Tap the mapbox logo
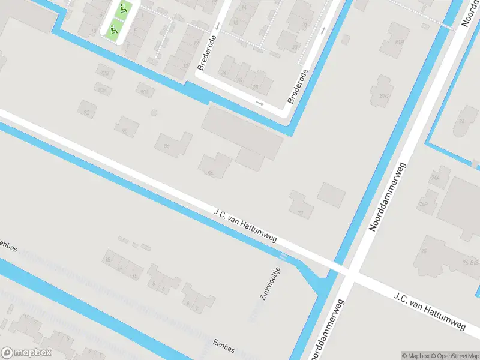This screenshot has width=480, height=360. pos(26,353)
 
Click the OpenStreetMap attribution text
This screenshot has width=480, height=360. pos(452,356)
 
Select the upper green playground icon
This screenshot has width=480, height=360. pos(123,9)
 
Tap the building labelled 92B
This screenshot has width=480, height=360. pos(106,73)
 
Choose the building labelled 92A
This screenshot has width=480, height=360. pos(103,90)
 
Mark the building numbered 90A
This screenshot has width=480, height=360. pos(143,92)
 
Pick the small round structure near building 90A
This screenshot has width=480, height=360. pos(154,112)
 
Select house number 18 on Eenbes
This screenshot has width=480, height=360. pos(108,259)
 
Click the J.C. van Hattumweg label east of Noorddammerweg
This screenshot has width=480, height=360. pos(430,311)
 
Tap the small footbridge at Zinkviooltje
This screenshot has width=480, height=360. pos(283,257)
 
